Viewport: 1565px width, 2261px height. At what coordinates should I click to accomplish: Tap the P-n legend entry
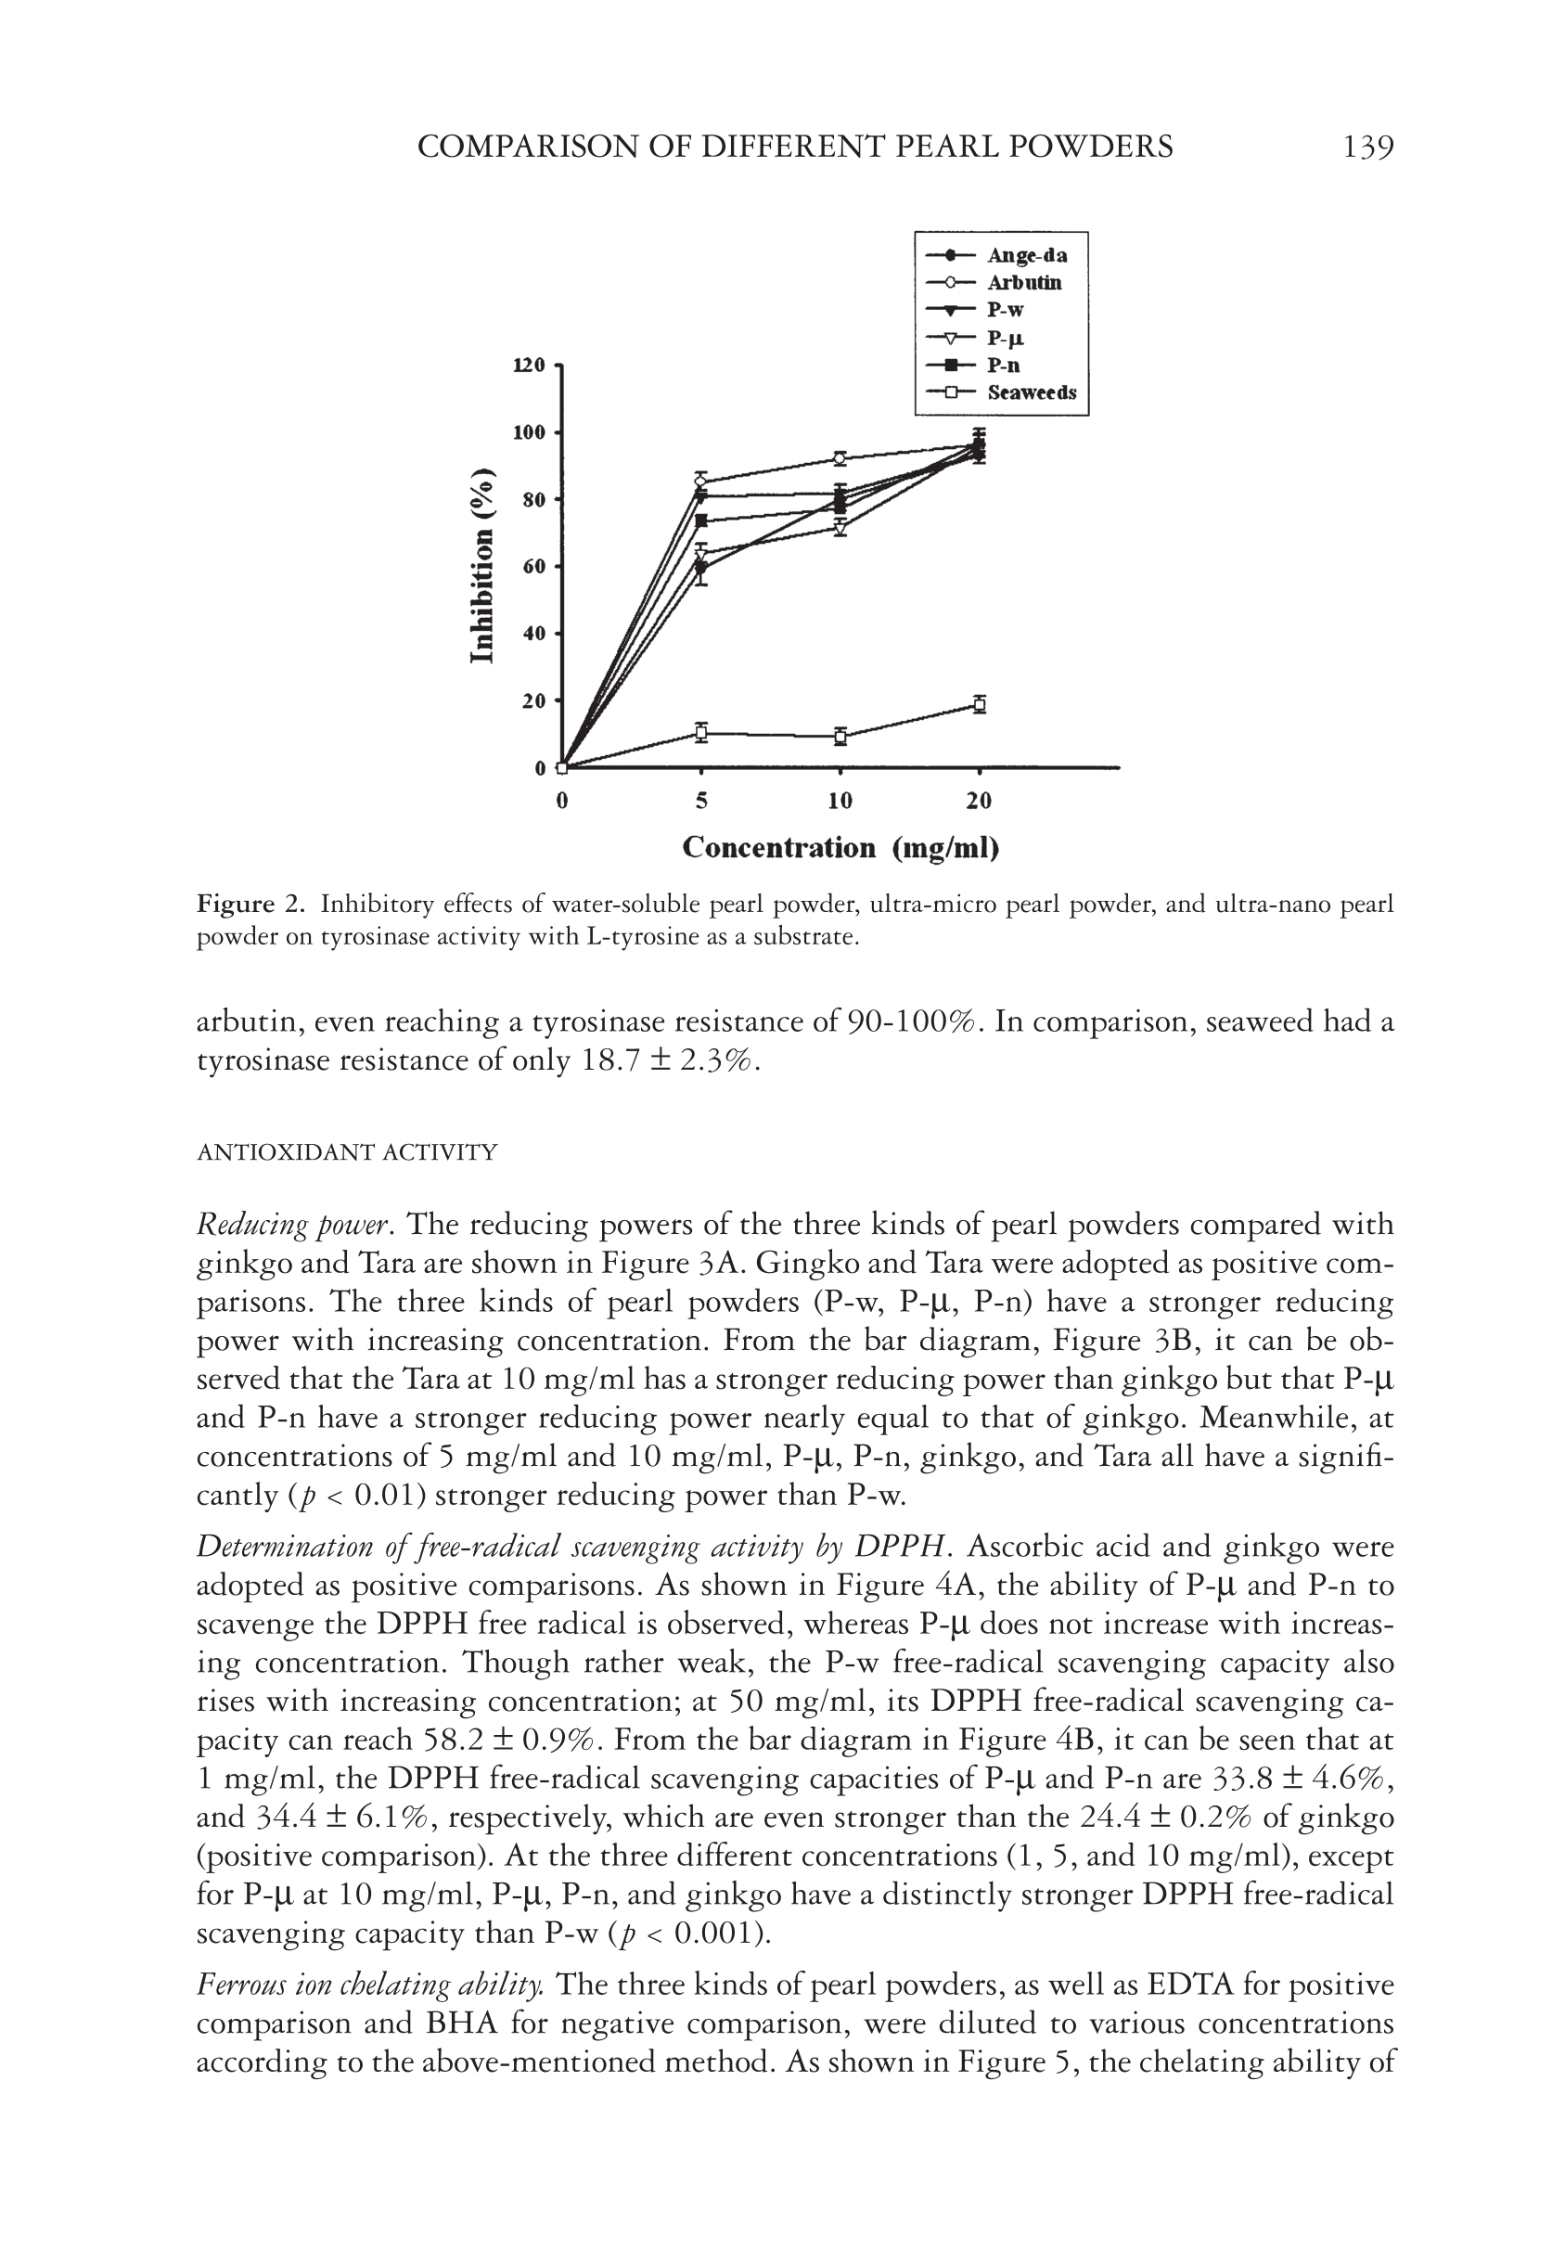click(1003, 366)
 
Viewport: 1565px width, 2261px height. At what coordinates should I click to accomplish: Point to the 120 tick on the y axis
click(530, 366)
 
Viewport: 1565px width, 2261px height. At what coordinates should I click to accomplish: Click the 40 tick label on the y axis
click(533, 634)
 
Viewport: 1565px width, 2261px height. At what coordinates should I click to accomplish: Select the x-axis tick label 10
click(840, 801)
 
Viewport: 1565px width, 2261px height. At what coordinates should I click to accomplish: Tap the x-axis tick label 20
click(979, 801)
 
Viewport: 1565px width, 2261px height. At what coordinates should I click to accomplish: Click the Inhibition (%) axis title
click(481, 566)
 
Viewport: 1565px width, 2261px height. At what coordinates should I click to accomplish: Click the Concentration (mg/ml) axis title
click(840, 847)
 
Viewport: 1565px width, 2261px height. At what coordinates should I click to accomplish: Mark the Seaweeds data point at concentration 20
click(980, 704)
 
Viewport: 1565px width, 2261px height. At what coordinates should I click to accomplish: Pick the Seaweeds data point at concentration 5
click(701, 732)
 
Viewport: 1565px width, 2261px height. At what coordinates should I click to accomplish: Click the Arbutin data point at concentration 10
click(840, 458)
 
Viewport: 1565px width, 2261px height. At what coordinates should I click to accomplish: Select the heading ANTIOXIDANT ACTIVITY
click(347, 1152)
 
